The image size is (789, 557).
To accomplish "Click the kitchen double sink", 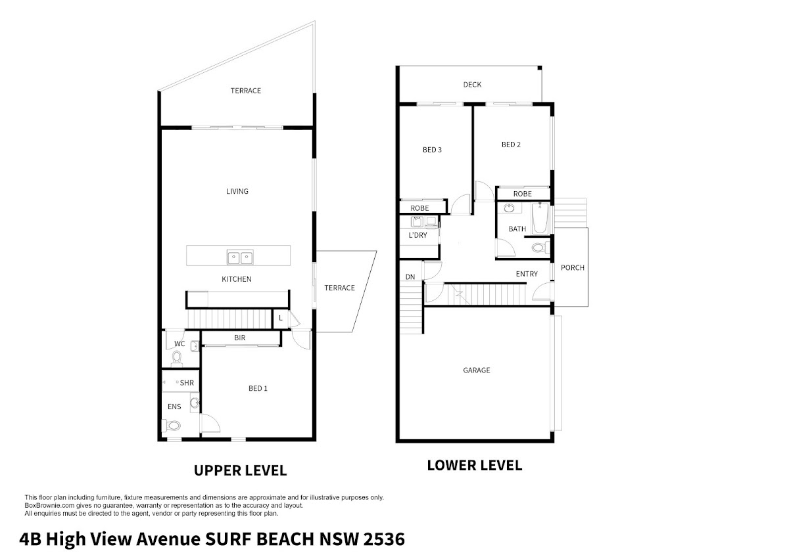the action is point(240,257).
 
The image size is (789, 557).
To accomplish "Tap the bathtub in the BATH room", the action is point(540,218).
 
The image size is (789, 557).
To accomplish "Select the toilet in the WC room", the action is point(177,359).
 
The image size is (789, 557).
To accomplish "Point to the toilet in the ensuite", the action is point(171,426).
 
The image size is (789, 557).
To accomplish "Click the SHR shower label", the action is point(187,383).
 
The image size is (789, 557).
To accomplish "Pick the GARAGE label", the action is point(476,370).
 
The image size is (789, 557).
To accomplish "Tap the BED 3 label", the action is point(432,150).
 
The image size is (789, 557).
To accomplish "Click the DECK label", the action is point(472,85).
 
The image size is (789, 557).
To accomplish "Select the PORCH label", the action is point(573,268).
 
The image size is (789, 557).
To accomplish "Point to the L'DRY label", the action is point(418,235).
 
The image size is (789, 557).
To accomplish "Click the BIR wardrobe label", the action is point(239,338).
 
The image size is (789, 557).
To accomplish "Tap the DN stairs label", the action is point(410,277).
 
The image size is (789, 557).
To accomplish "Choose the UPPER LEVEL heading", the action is point(240,470).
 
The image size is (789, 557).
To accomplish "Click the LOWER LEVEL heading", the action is point(475,465).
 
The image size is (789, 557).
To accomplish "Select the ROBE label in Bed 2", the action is point(522,194).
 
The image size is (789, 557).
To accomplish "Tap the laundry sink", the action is point(418,221).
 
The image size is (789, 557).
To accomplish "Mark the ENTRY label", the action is point(527,274).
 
